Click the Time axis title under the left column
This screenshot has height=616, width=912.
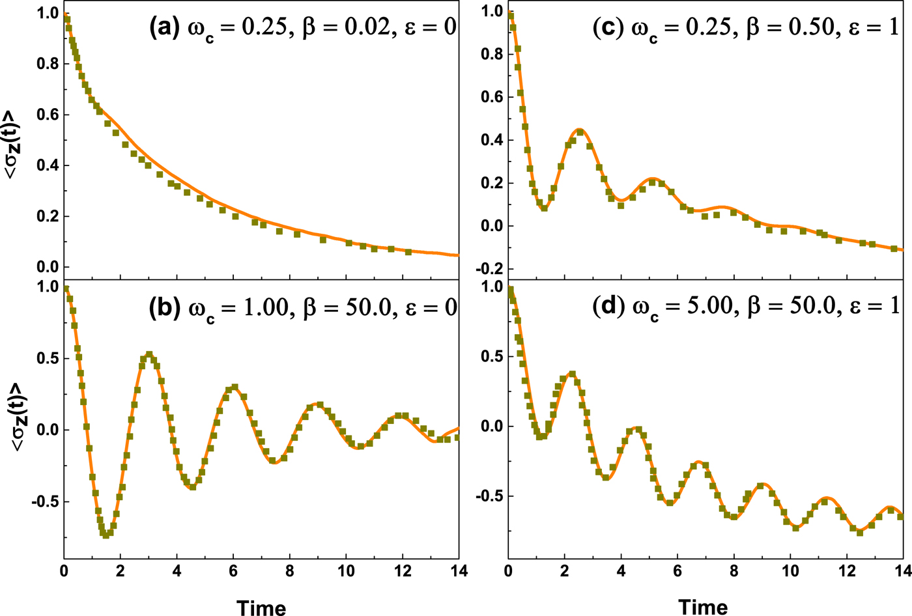pyautogui.click(x=261, y=607)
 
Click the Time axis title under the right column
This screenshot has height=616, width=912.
pyautogui.click(x=703, y=607)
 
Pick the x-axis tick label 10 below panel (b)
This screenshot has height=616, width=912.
pyautogui.click(x=346, y=571)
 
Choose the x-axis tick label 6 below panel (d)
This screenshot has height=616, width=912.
pyautogui.click(x=677, y=571)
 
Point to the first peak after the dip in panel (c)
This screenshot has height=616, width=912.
pyautogui.click(x=580, y=130)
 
